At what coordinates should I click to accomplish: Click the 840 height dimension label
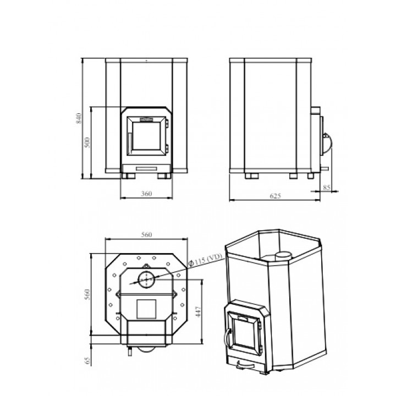(x=79, y=118)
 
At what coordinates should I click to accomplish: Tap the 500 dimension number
(x=87, y=142)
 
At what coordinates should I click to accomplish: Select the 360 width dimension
(x=146, y=194)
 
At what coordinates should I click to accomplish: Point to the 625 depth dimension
(x=276, y=196)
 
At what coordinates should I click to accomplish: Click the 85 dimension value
(x=327, y=188)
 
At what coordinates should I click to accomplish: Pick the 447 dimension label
(x=198, y=312)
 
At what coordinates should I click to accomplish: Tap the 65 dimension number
(x=87, y=360)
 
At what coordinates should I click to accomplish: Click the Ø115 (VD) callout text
(x=205, y=260)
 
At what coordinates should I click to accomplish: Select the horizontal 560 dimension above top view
(x=146, y=235)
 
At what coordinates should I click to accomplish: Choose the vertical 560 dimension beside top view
(x=87, y=294)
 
